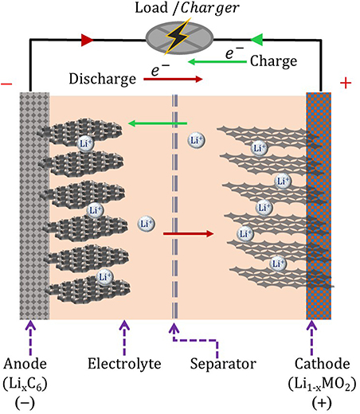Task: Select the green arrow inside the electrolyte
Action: point(158,123)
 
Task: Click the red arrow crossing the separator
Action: point(189,234)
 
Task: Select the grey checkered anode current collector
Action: point(34,207)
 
